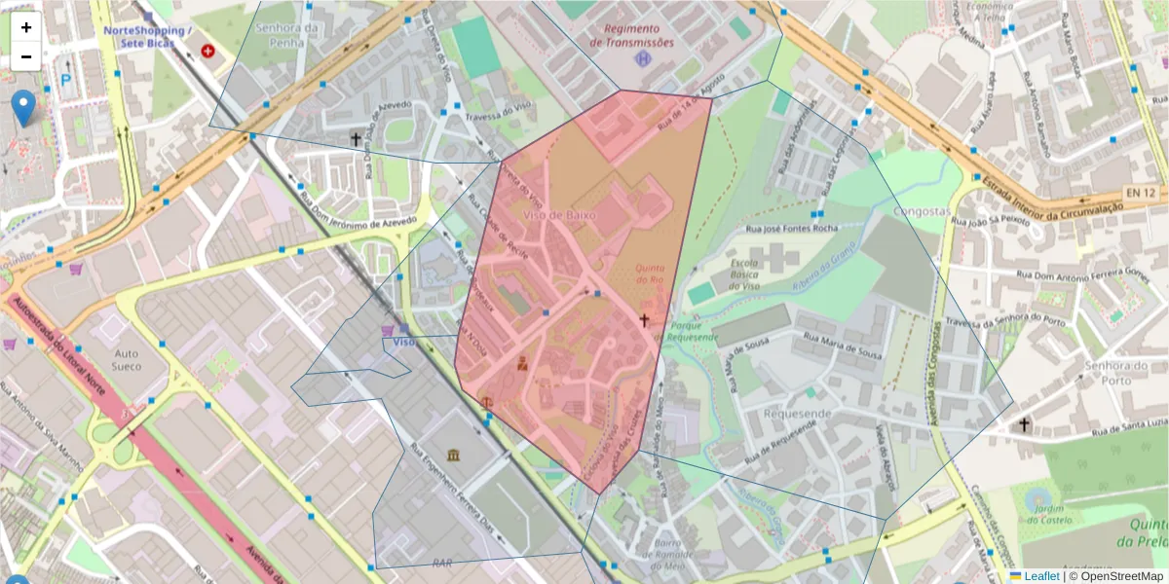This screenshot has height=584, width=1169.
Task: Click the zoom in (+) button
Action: (x=25, y=27)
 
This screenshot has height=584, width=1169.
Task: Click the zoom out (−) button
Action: (x=25, y=56)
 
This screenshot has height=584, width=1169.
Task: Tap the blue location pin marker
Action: (x=23, y=107)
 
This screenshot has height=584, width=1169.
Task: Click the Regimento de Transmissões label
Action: (x=632, y=36)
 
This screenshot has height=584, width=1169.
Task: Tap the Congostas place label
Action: (x=921, y=211)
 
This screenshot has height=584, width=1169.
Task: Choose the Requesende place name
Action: (x=798, y=413)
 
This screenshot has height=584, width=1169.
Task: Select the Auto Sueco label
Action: (x=128, y=360)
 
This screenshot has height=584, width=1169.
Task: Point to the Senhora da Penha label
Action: (x=287, y=36)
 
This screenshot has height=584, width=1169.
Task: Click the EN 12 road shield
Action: (x=1140, y=194)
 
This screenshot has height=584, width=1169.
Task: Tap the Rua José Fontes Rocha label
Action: (x=791, y=228)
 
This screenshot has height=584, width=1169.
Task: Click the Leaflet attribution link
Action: (x=1041, y=576)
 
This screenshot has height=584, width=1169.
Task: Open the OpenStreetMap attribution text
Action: (x=1121, y=576)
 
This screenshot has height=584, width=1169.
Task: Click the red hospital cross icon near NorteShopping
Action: (x=207, y=51)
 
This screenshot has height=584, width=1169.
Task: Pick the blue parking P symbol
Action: (x=66, y=81)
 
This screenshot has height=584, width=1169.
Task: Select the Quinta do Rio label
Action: (x=650, y=274)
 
